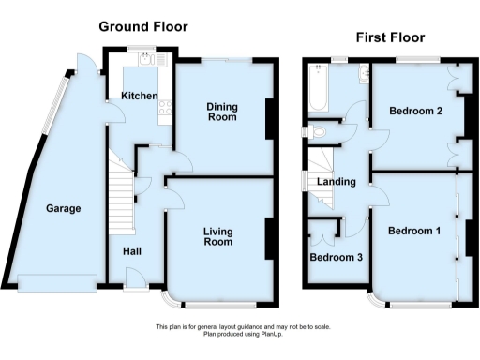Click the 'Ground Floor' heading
[143, 27]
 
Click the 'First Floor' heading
[389, 37]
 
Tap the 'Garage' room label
[63, 209]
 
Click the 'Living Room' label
[217, 235]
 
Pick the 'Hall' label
[131, 251]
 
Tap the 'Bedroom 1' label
[413, 231]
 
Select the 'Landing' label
[336, 181]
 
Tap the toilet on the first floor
[315, 131]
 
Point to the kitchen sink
[147, 59]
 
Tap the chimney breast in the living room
[271, 238]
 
